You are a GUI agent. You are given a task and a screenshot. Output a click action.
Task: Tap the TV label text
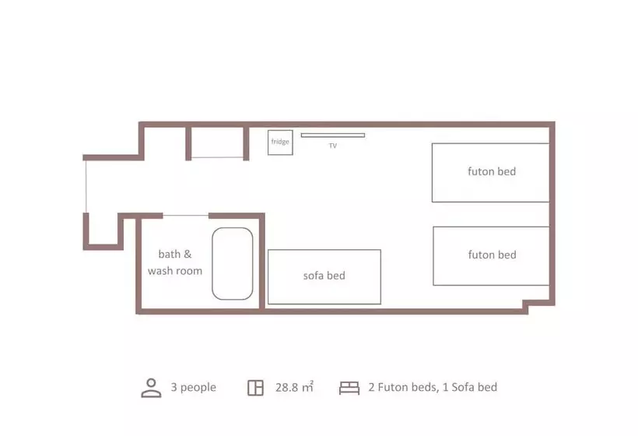pos(332,146)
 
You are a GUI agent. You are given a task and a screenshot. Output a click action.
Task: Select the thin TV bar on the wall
pos(332,135)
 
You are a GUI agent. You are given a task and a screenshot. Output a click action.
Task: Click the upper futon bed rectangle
pos(491,173)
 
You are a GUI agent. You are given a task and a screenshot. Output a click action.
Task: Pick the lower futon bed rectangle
pos(491,255)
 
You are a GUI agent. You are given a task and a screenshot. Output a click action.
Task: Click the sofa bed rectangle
pos(324,276)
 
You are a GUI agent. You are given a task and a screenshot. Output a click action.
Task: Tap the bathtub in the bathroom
pos(233,263)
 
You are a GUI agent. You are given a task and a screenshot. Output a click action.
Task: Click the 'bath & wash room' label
pos(175,262)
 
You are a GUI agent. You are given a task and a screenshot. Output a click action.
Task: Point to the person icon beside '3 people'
pos(151,388)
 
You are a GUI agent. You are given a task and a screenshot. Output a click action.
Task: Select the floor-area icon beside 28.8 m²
pos(255,388)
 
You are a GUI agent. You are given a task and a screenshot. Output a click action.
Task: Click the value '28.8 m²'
pos(294,387)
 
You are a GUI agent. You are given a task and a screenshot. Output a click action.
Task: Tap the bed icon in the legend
pos(349,388)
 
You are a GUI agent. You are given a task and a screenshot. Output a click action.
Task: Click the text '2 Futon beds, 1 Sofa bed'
pos(433,387)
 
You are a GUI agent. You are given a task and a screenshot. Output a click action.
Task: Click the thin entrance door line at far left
pos(86,185)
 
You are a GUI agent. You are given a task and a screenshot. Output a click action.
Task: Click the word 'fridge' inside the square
pos(280,142)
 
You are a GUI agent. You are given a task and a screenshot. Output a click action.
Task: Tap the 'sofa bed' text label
pos(324,276)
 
